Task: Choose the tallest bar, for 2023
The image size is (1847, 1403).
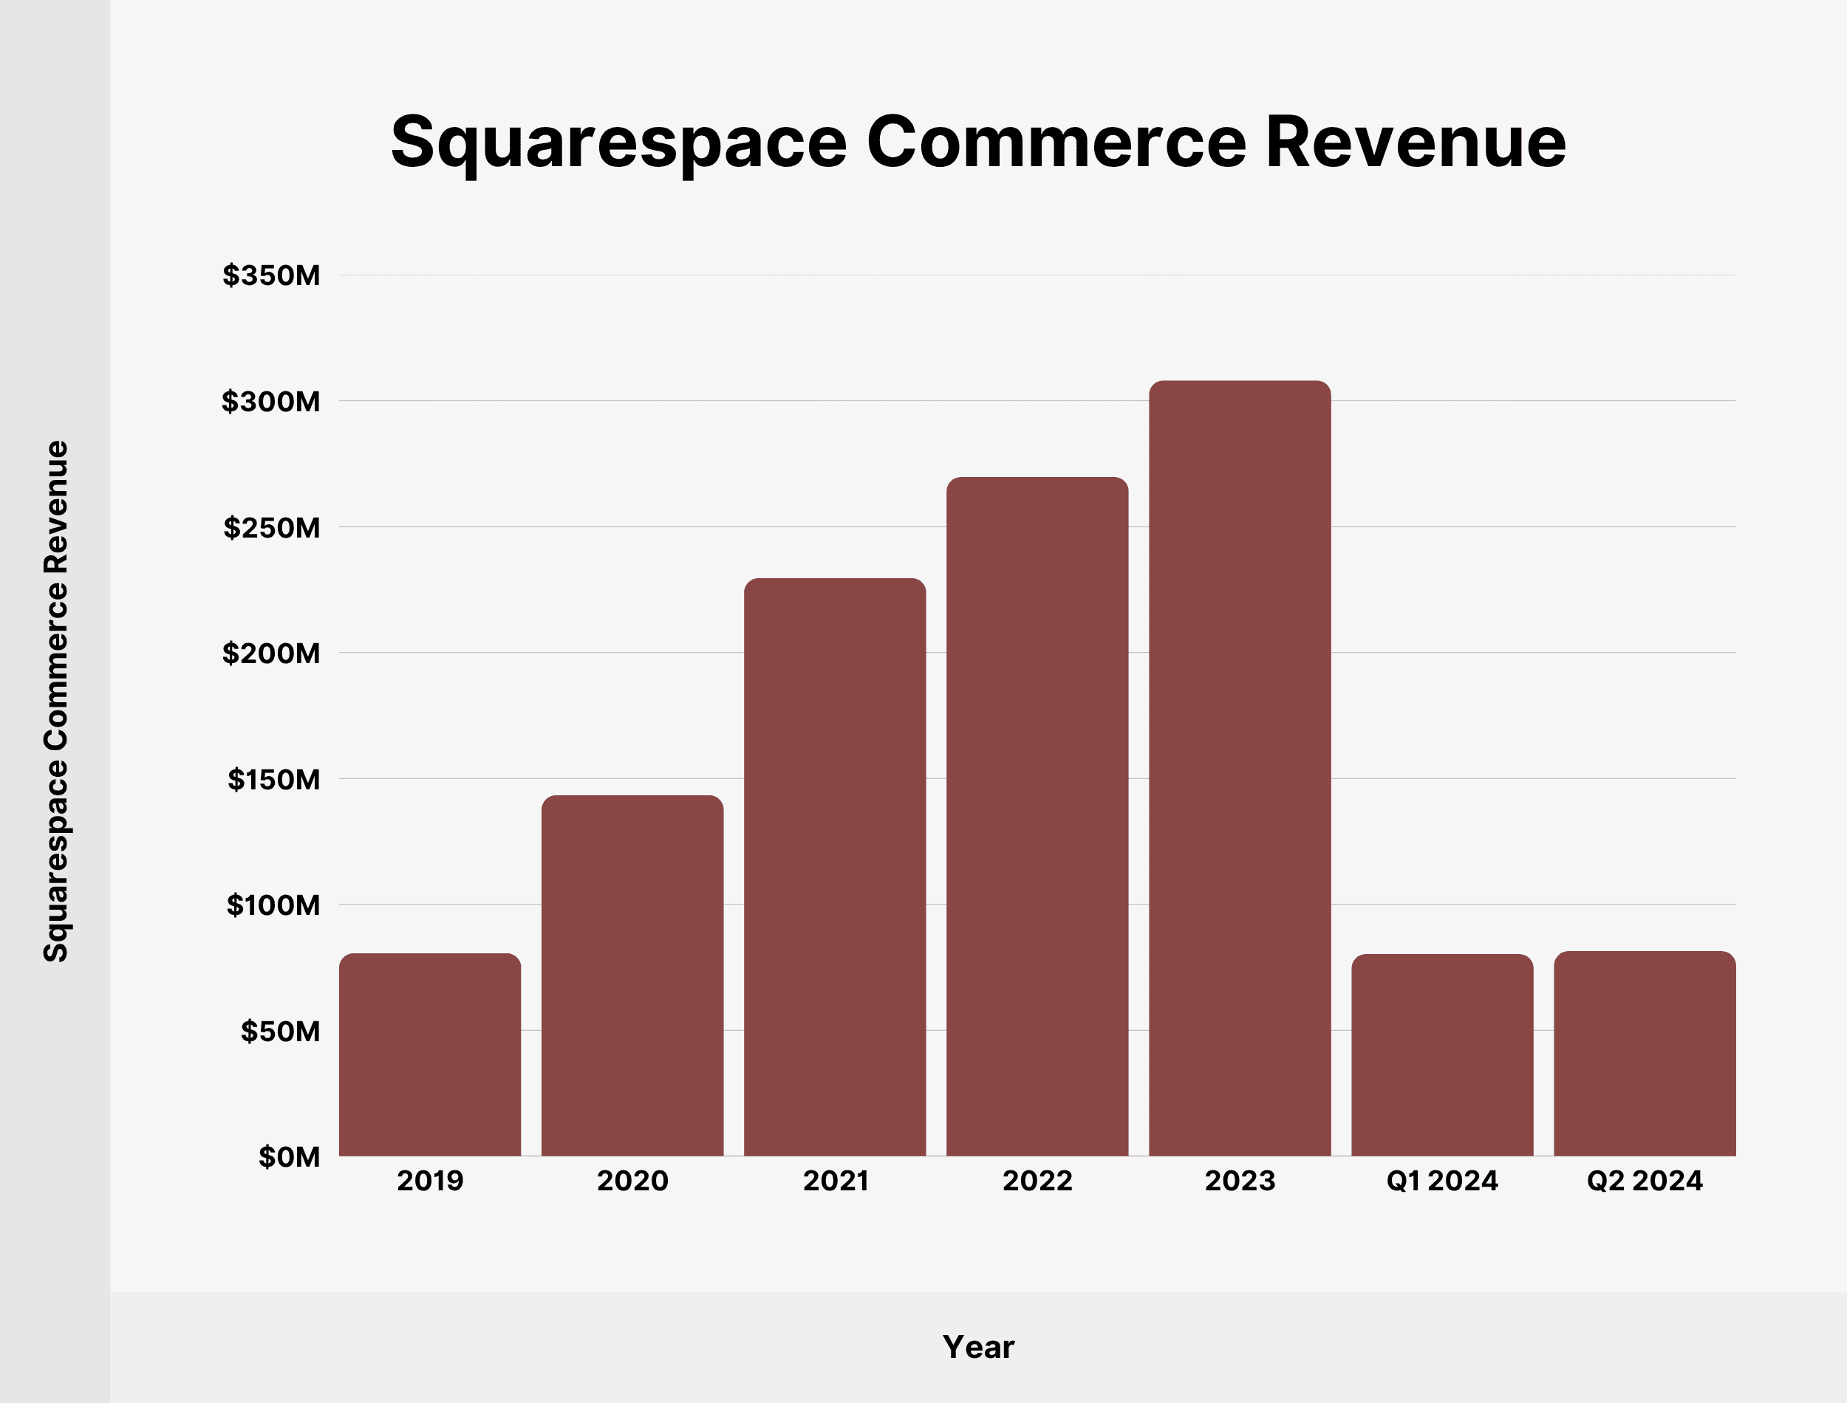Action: tap(1240, 768)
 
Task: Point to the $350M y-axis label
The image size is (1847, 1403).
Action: tap(270, 275)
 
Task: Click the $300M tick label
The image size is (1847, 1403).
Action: tap(270, 402)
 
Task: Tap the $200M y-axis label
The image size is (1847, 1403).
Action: tap(270, 653)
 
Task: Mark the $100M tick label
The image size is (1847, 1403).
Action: tap(273, 905)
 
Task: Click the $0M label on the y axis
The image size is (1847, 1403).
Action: tap(289, 1156)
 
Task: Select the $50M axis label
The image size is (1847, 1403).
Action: tap(280, 1032)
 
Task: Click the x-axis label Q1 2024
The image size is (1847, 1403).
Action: tap(1442, 1181)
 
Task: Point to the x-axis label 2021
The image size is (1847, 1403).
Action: tap(836, 1181)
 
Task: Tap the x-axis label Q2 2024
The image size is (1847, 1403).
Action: tap(1644, 1181)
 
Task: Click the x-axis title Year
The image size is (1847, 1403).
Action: tap(978, 1347)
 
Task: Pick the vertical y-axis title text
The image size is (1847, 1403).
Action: tap(56, 701)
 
